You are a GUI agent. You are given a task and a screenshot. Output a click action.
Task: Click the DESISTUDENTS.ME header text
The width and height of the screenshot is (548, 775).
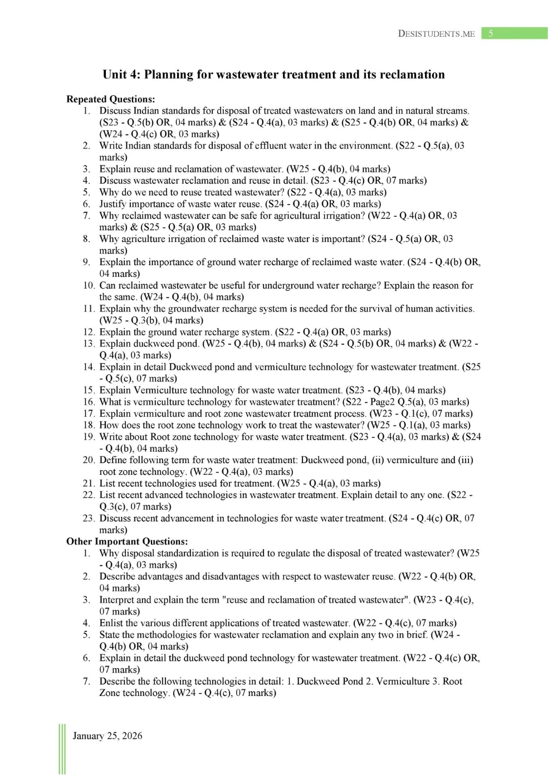pyautogui.click(x=436, y=33)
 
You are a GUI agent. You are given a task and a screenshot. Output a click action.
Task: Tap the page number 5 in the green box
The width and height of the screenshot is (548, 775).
pyautogui.click(x=491, y=33)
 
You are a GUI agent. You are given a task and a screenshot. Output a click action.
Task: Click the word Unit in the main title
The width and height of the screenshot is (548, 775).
pyautogui.click(x=115, y=75)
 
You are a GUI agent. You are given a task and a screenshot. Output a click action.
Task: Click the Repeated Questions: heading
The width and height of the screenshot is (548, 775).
pyautogui.click(x=111, y=99)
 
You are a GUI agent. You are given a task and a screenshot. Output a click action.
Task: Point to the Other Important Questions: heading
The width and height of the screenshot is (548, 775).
pyautogui.click(x=127, y=542)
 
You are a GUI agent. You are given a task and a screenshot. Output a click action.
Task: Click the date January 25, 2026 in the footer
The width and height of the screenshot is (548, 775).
pyautogui.click(x=107, y=736)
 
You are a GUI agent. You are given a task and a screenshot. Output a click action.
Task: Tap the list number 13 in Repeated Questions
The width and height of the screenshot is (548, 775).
pyautogui.click(x=89, y=344)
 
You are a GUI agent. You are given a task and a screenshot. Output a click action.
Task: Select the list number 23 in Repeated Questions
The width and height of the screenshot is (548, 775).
pyautogui.click(x=89, y=518)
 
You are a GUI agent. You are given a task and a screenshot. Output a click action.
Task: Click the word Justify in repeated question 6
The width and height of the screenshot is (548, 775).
pyautogui.click(x=113, y=204)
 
